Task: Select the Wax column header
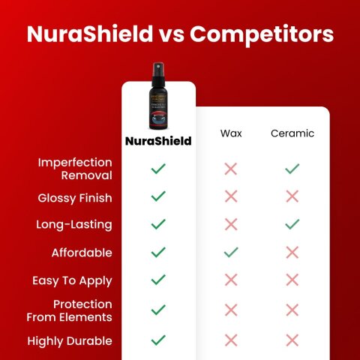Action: (x=231, y=133)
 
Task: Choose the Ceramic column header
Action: (x=292, y=133)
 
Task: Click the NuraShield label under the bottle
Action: (x=158, y=140)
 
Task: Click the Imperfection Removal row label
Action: (x=75, y=169)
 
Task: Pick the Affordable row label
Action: (x=82, y=253)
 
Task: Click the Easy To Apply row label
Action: (x=72, y=280)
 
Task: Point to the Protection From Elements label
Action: (x=73, y=310)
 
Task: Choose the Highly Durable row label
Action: (x=70, y=340)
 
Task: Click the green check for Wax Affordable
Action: (x=231, y=252)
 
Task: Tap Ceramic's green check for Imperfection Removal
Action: (x=292, y=169)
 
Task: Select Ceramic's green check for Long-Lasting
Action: (x=292, y=224)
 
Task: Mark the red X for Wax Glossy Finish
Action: (x=231, y=196)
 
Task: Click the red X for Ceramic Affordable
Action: (x=292, y=252)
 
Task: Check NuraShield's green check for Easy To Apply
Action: (x=158, y=280)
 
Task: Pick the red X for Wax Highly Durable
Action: (x=231, y=340)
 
